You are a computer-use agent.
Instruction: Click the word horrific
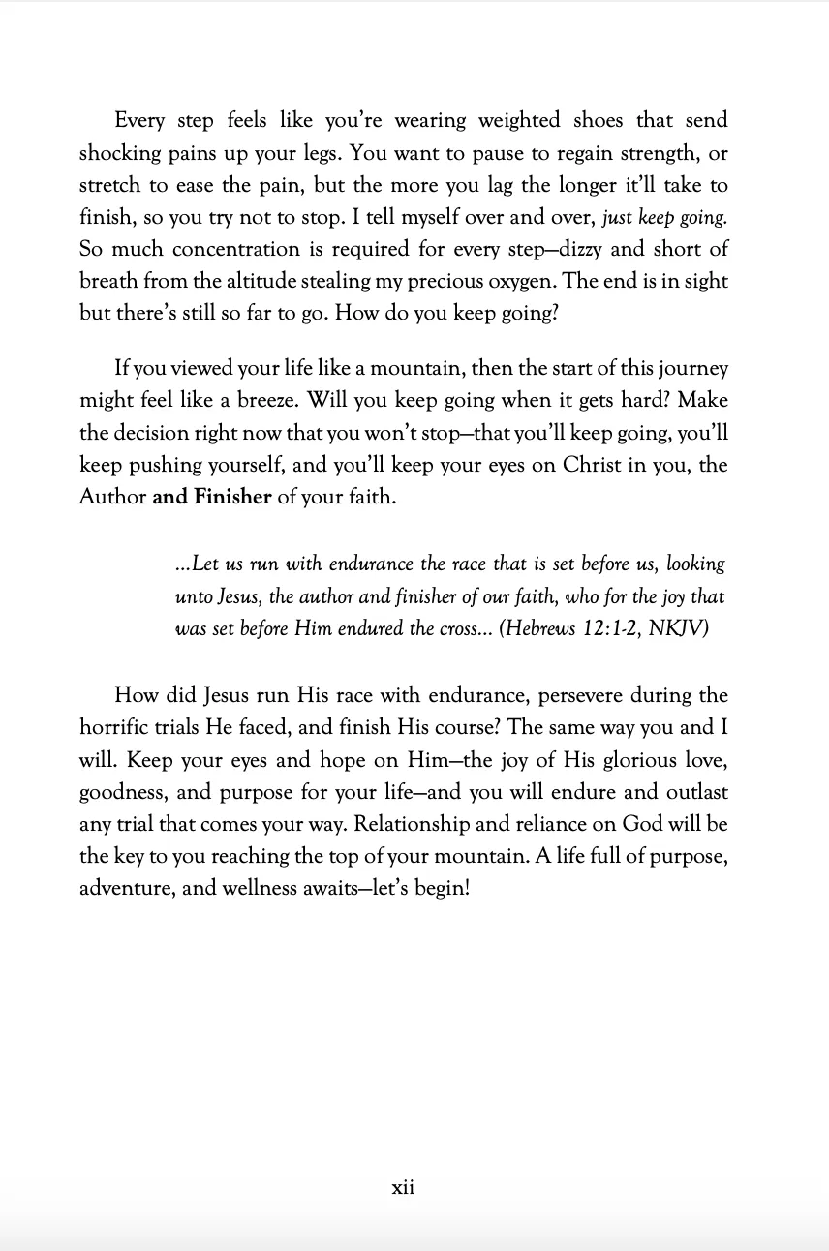click(115, 728)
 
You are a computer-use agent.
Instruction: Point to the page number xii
click(403, 1187)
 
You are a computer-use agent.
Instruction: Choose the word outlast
click(692, 792)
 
